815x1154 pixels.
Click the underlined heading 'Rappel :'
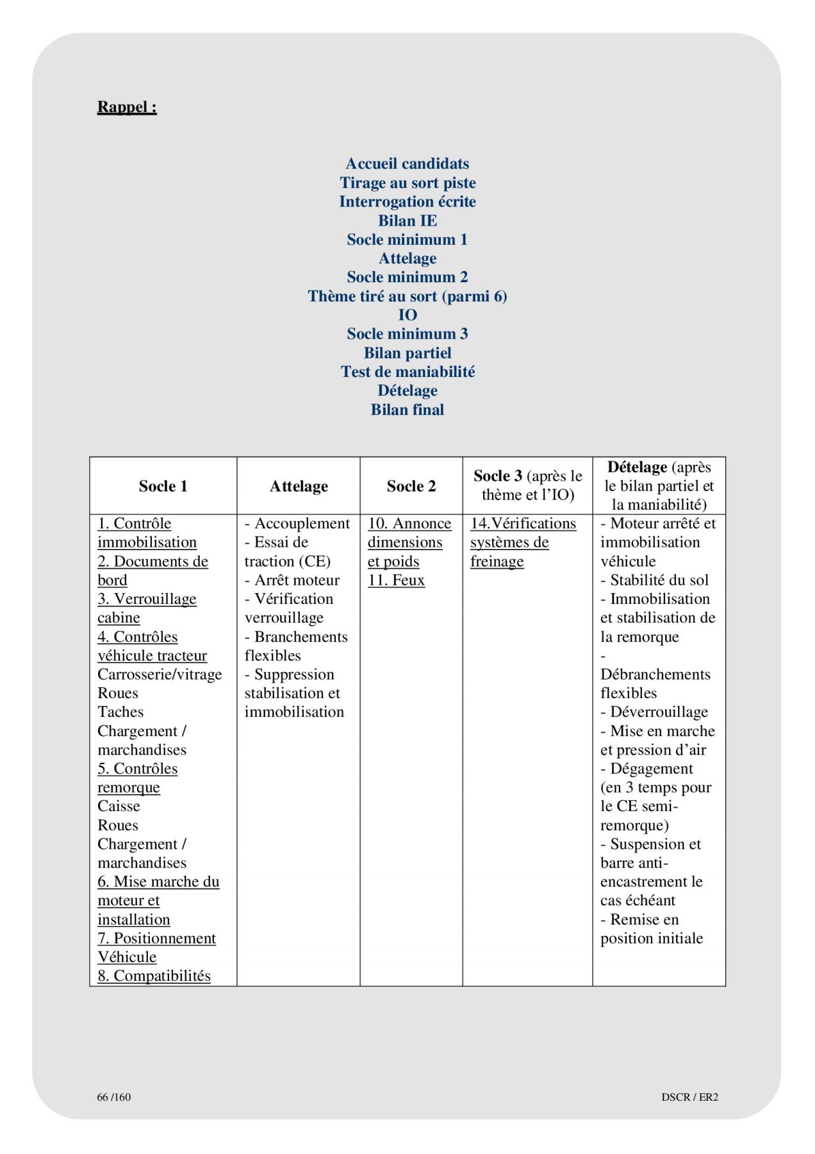(127, 107)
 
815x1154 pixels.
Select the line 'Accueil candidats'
(407, 163)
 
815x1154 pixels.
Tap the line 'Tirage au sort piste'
(407, 183)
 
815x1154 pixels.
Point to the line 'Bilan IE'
(407, 221)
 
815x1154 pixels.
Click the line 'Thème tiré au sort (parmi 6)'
(407, 296)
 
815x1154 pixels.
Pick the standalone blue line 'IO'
(407, 315)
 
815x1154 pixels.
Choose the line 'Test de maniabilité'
(407, 372)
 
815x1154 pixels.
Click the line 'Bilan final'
(407, 410)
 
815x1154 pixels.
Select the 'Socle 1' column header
(163, 486)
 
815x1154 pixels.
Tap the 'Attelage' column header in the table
(299, 486)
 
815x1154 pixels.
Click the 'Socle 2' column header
(411, 486)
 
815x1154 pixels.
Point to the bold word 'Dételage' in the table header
(637, 467)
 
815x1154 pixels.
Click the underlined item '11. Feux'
(396, 580)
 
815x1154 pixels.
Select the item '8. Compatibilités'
(154, 976)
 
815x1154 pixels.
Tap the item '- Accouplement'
(297, 524)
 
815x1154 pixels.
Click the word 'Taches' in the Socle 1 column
(120, 712)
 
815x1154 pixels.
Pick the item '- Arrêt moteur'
(292, 580)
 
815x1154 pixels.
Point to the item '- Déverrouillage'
(654, 712)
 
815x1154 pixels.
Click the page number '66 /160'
(114, 1097)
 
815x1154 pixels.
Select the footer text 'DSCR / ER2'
(689, 1097)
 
